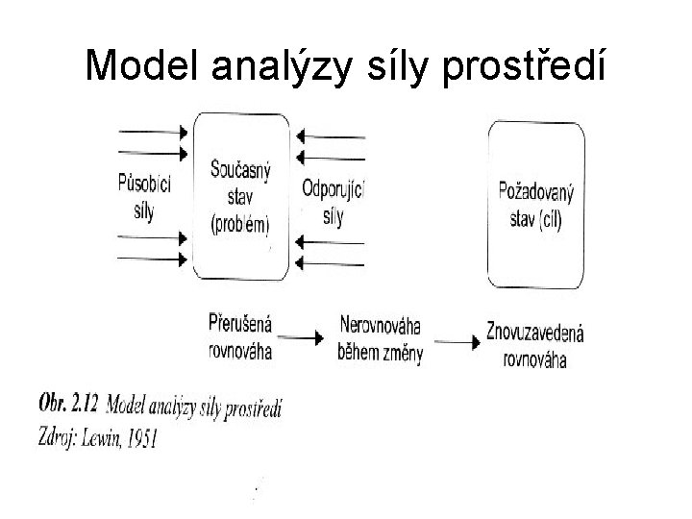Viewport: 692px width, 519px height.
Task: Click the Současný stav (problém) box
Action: [x=240, y=196]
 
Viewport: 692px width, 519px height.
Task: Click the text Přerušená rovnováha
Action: [x=240, y=335]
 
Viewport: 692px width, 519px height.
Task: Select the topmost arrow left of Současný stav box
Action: [x=154, y=131]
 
